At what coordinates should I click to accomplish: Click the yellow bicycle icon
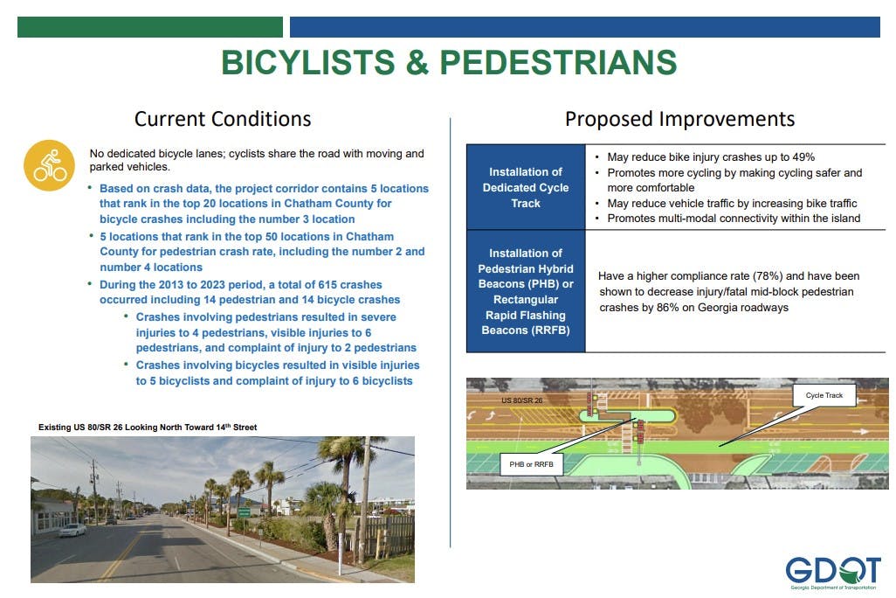49,165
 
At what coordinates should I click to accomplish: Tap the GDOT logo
832,573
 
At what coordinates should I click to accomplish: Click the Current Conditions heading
223,119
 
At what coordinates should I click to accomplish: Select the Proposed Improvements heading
679,119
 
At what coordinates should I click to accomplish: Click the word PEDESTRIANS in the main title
558,62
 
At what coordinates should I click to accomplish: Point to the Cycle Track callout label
824,395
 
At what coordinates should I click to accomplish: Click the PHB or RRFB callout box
532,464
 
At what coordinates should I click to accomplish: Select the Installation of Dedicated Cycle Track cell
526,187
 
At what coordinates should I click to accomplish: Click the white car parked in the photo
72,530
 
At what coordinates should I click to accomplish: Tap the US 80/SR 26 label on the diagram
521,400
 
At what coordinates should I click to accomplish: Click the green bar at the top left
150,27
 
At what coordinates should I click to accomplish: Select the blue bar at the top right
585,27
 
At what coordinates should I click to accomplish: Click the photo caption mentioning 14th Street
148,427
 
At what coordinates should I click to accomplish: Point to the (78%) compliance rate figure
768,275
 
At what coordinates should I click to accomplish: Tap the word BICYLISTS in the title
308,62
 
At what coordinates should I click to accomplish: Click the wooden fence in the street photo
385,538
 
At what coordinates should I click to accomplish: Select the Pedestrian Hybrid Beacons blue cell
526,291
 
